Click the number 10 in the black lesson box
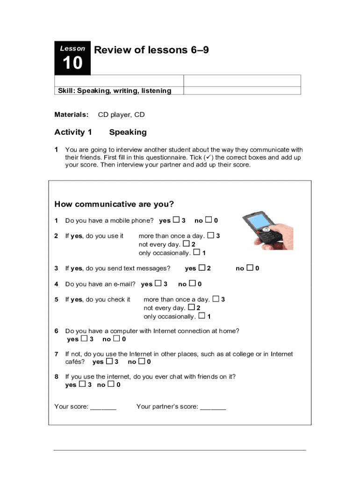72,63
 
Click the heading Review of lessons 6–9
151,50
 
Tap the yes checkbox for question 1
176,220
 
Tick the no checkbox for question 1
209,220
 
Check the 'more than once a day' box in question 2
210,235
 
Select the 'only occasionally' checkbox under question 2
197,252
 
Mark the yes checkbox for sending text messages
202,268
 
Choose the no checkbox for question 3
250,268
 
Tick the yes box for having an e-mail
158,283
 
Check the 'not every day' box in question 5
191,307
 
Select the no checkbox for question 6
116,339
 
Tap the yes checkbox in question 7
109,361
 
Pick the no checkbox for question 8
111,385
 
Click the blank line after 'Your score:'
103,407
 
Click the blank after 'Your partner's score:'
213,407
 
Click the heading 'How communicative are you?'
114,204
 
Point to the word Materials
72,115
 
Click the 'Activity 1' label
73,132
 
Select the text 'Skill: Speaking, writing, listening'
114,91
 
